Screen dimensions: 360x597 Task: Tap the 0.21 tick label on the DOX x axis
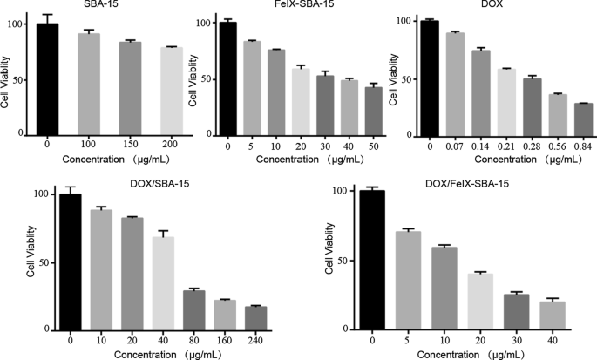click(x=506, y=146)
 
